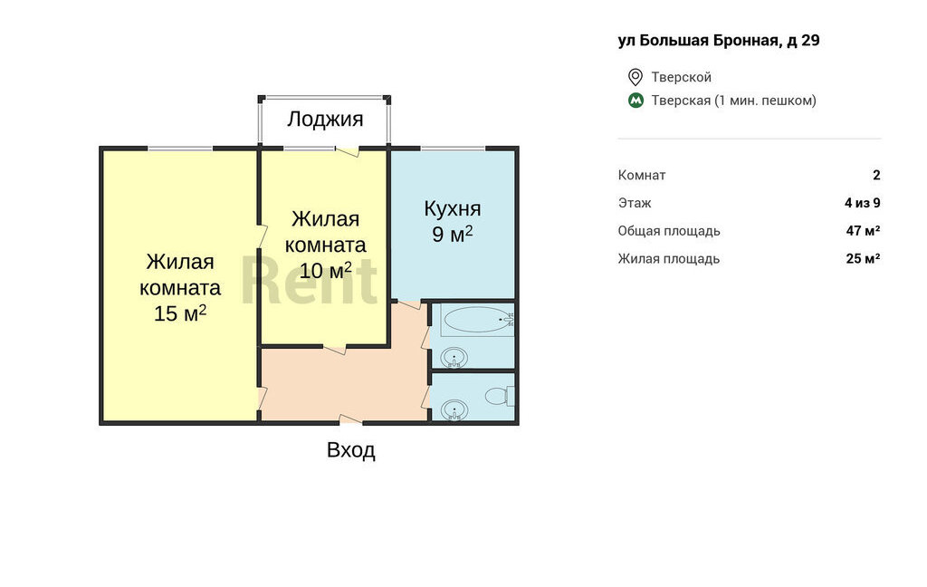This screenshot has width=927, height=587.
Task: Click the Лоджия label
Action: point(325,120)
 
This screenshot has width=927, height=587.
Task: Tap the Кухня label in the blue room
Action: point(453,208)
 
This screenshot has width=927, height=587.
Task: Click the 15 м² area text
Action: point(180,313)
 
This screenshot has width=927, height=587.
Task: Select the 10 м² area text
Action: point(325,271)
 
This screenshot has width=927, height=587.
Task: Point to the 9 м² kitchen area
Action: point(453,234)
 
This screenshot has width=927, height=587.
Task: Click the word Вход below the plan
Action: point(351,450)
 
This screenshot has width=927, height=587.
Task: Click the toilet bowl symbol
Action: point(500,395)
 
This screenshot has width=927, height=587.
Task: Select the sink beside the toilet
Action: point(454,409)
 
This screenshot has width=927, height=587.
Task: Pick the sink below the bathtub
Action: point(454,358)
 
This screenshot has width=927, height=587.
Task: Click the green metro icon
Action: point(636,101)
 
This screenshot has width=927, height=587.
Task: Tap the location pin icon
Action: point(635,77)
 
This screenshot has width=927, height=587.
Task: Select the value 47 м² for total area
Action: point(863,231)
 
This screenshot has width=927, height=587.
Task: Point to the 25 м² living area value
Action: point(863,258)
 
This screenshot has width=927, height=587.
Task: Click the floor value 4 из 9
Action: point(863,203)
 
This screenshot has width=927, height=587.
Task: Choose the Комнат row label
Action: point(642,175)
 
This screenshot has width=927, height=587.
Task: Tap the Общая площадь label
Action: point(669,231)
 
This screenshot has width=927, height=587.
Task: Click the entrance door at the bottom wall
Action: point(351,419)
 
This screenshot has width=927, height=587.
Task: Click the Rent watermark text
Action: point(309,279)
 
